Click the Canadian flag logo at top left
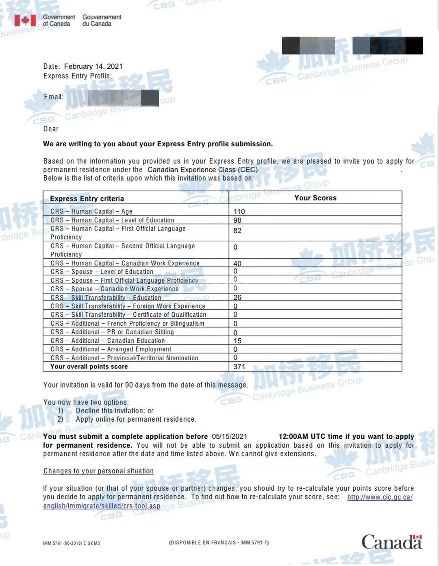(x=25, y=20)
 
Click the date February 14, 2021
(x=93, y=66)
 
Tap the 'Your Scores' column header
(x=315, y=198)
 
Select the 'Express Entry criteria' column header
(x=87, y=198)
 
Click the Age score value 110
(x=239, y=211)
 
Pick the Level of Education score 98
(x=237, y=220)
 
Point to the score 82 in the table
(x=237, y=231)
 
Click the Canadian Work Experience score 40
(x=237, y=263)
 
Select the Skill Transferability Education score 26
(x=237, y=298)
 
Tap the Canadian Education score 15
(x=237, y=341)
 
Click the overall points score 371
(x=239, y=367)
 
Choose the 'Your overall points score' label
(x=89, y=367)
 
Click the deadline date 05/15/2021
(x=229, y=436)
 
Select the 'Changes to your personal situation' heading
(x=98, y=471)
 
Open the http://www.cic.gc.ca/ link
(x=380, y=497)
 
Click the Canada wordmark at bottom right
(x=391, y=542)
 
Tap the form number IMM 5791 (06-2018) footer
(x=71, y=543)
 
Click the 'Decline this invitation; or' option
(x=115, y=411)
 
